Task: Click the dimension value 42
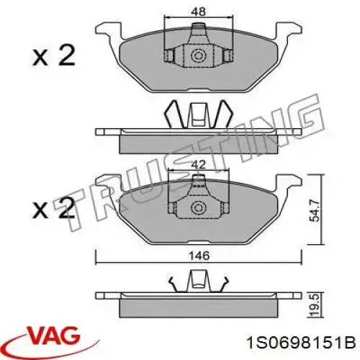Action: [x=197, y=163]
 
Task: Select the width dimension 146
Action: [x=196, y=254]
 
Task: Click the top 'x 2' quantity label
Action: [x=52, y=55]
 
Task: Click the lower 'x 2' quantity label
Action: [x=52, y=210]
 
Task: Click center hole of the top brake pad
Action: [x=197, y=55]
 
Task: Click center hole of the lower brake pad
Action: [x=197, y=209]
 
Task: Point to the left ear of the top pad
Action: [x=106, y=31]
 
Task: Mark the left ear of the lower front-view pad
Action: [x=106, y=184]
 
